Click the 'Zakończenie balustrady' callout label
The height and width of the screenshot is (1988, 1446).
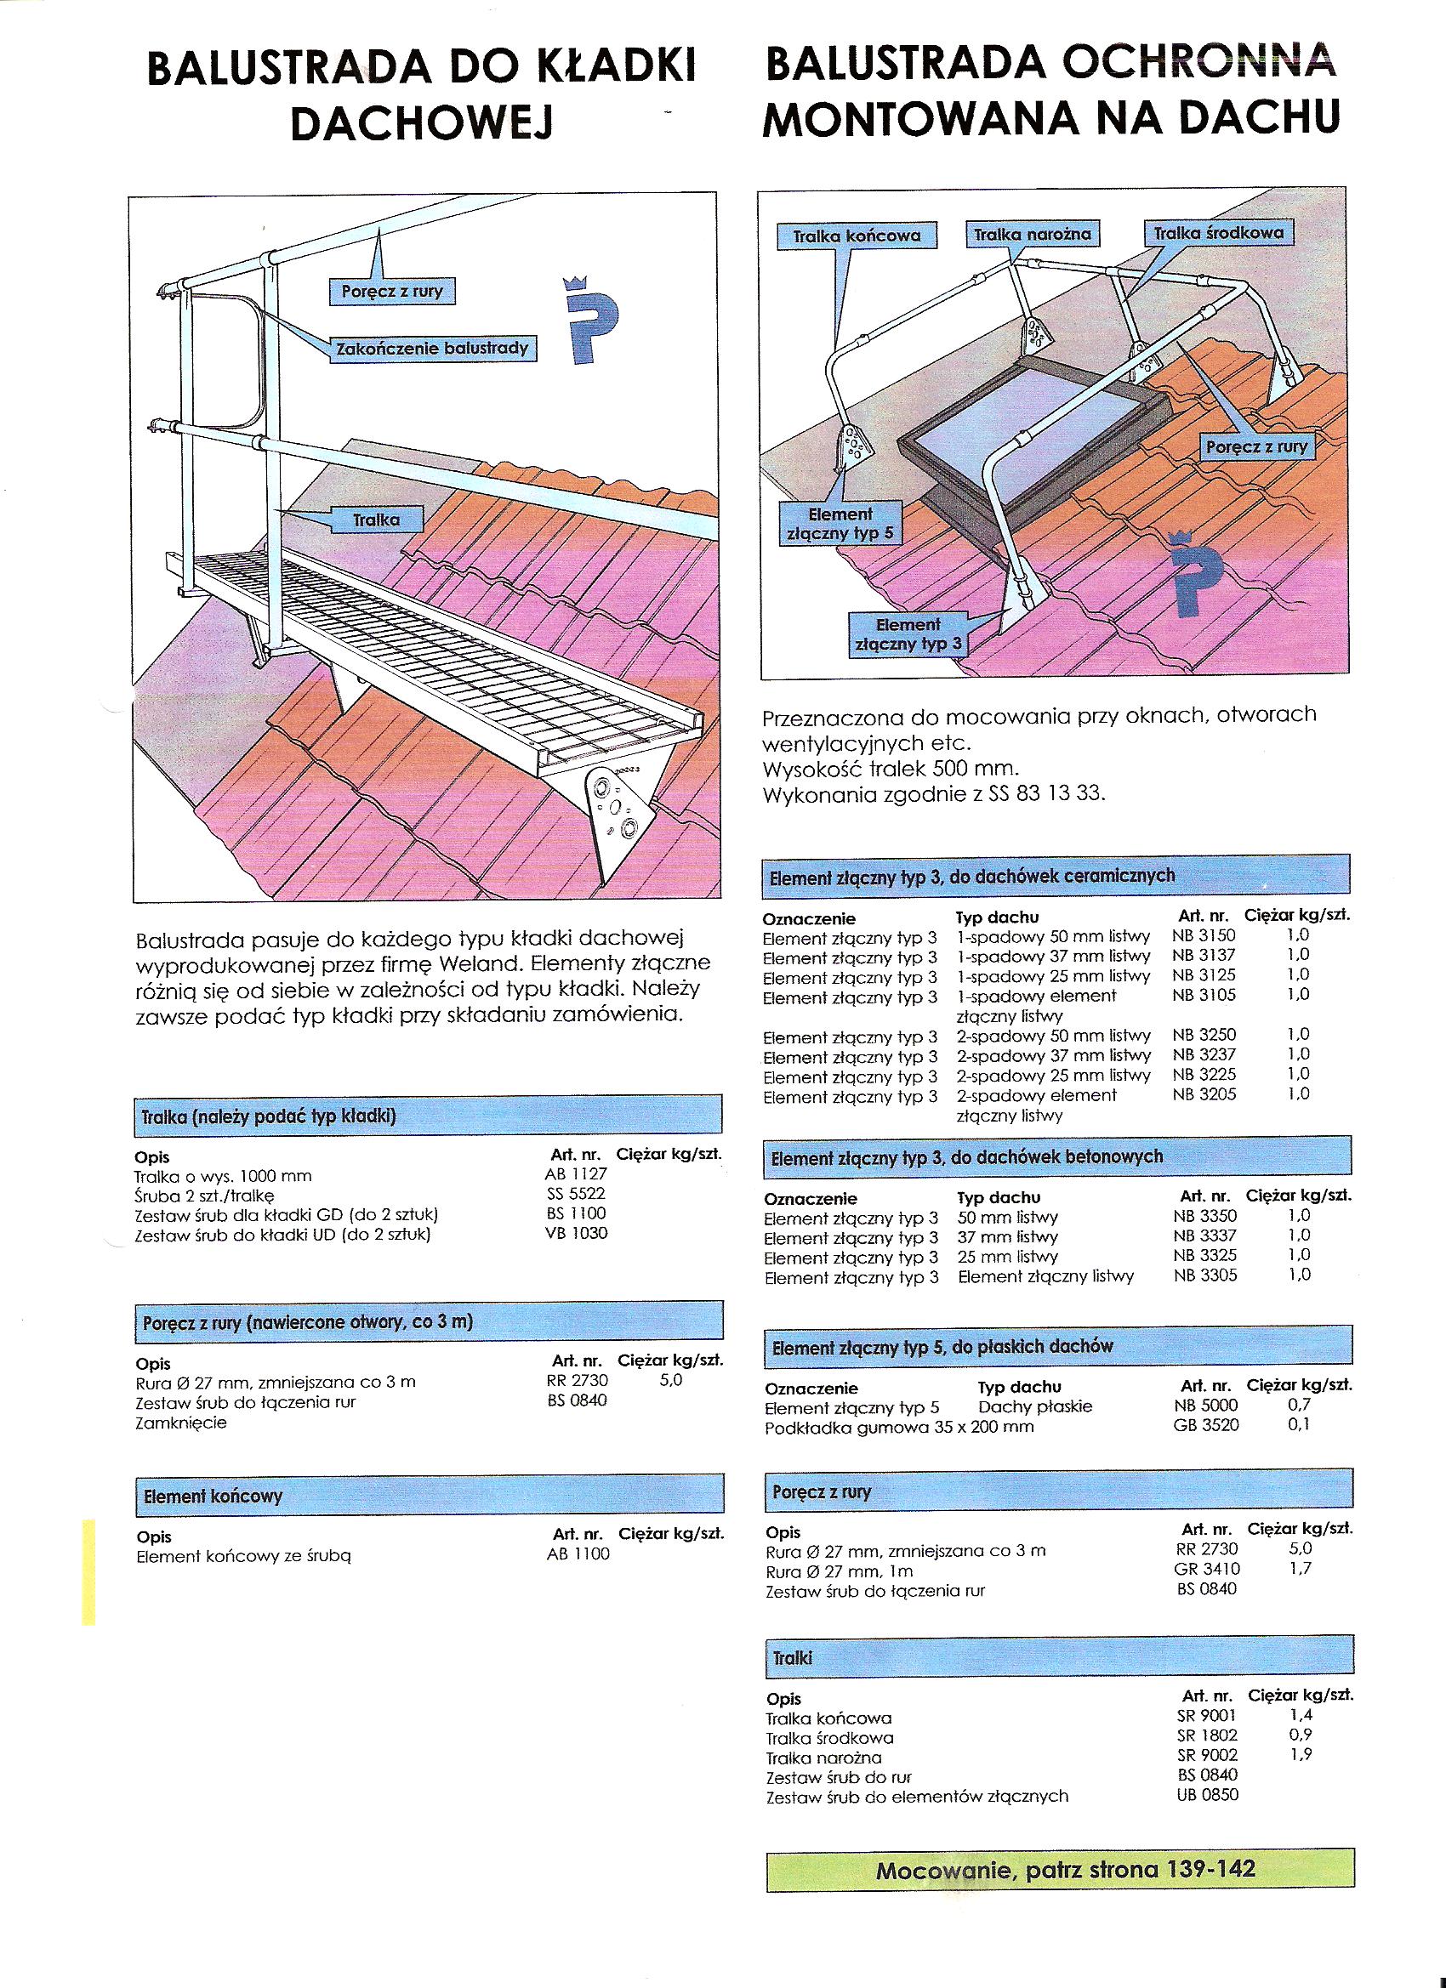tap(433, 348)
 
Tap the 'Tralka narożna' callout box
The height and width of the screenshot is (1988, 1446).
tap(1032, 234)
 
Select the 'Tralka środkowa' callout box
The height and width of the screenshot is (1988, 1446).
tap(1218, 233)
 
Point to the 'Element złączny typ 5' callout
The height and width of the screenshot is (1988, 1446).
tap(840, 523)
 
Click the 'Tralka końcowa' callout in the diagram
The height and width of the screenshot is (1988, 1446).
tap(857, 236)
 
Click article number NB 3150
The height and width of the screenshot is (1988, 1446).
tap(1203, 935)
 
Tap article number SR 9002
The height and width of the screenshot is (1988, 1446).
tap(1207, 1755)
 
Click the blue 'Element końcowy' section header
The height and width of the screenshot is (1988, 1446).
tap(429, 1495)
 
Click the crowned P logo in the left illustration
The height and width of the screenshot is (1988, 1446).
tap(589, 317)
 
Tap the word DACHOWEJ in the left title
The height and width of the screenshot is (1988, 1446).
tap(421, 124)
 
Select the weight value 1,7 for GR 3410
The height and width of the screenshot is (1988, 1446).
tap(1300, 1568)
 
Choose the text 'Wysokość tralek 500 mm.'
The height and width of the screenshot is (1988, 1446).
tap(890, 769)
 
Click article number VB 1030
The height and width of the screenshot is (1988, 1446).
tap(575, 1233)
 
